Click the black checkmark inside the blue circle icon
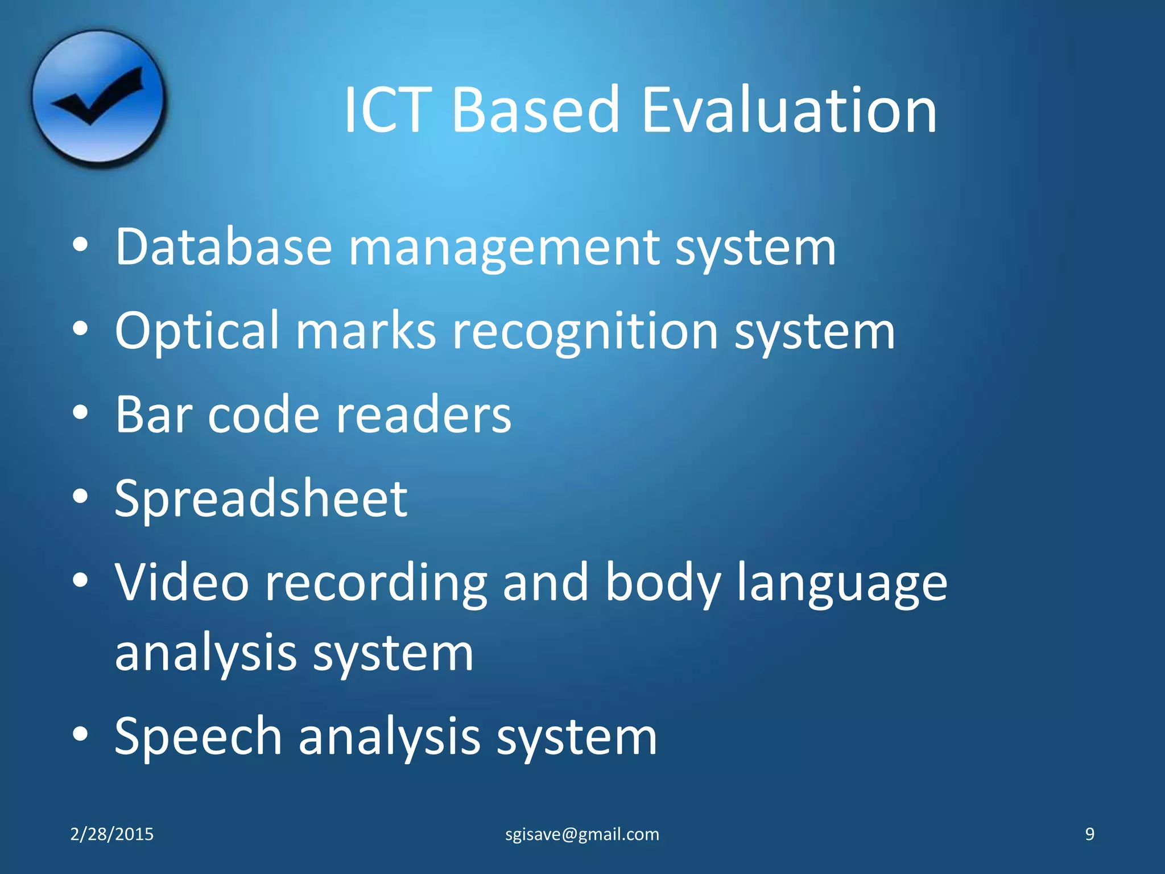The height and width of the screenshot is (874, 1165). coord(98,96)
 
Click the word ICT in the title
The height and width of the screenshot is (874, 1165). coord(386,109)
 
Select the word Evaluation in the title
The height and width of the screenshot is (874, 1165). coord(789,109)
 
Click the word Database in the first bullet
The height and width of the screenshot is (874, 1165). coord(223,247)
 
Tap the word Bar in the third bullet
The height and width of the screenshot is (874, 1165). coord(153,414)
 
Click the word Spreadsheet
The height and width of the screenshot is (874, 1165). coord(261,500)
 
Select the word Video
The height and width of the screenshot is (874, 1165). coord(182,582)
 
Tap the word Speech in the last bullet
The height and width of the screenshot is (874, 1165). coord(198,737)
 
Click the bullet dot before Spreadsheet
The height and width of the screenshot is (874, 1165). coord(80,497)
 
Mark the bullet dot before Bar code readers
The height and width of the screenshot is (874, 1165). coord(80,413)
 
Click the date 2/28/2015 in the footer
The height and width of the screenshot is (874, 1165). coord(111,834)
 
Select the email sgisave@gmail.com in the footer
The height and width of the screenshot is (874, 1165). coord(582,834)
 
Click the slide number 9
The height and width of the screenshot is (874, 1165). coord(1089,834)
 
